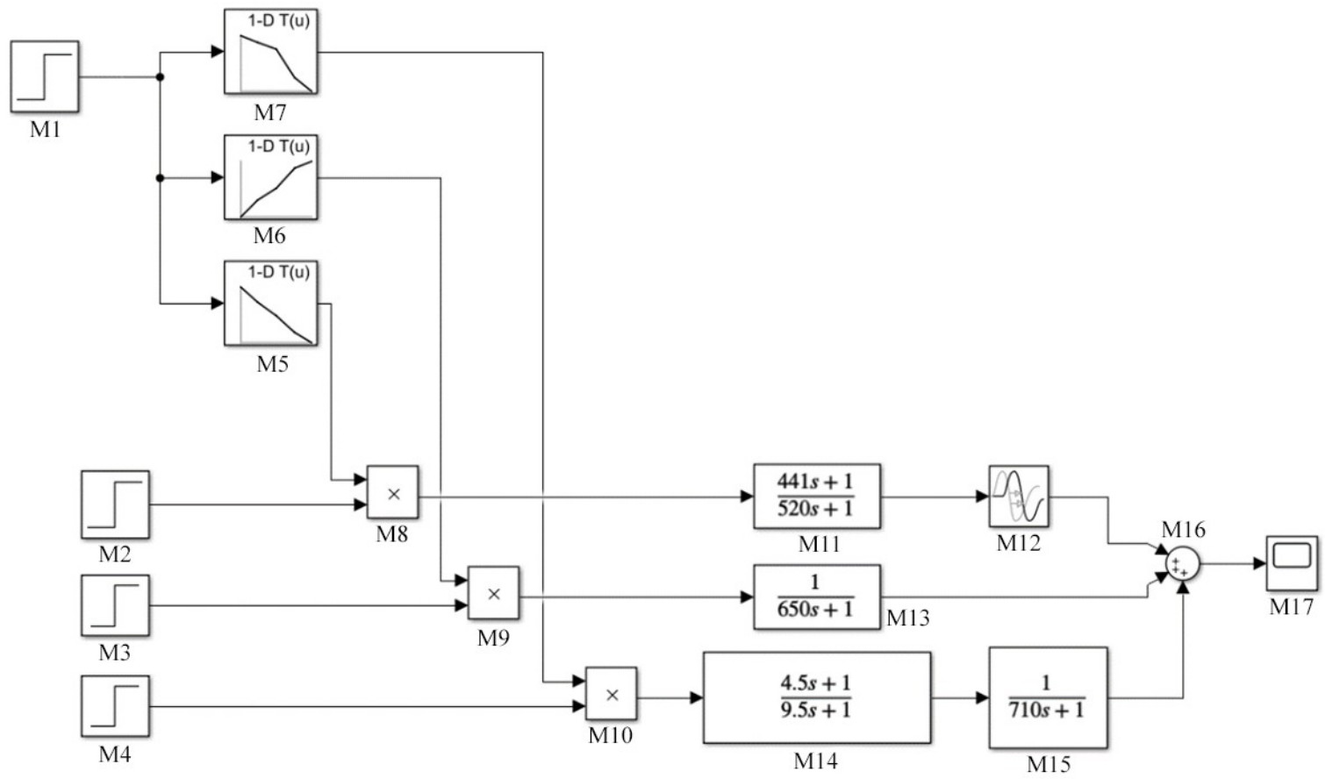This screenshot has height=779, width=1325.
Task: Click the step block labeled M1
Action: [45, 76]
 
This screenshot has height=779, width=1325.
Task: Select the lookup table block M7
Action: [270, 52]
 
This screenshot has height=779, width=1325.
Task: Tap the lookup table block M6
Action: [270, 177]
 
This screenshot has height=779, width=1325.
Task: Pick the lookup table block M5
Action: [270, 304]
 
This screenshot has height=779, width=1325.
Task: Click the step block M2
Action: [115, 504]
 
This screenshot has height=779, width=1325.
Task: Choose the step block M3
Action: [115, 605]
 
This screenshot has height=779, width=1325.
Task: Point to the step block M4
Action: [115, 706]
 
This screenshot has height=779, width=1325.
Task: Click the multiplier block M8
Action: [392, 492]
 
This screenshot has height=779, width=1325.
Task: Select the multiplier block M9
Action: [493, 594]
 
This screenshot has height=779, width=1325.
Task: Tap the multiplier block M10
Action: [611, 695]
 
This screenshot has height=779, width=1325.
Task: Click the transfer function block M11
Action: [816, 497]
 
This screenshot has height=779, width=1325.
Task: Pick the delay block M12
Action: [1018, 496]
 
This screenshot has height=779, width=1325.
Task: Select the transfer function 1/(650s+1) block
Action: [816, 597]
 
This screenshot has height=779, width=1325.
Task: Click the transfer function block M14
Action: [816, 697]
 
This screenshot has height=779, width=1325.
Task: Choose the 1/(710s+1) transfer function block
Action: [1048, 697]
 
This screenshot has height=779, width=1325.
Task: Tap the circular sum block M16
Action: [1182, 564]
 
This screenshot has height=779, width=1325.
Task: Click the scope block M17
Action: [1292, 563]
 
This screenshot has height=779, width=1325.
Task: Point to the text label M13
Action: [907, 618]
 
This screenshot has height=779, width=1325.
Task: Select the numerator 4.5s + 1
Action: [815, 683]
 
